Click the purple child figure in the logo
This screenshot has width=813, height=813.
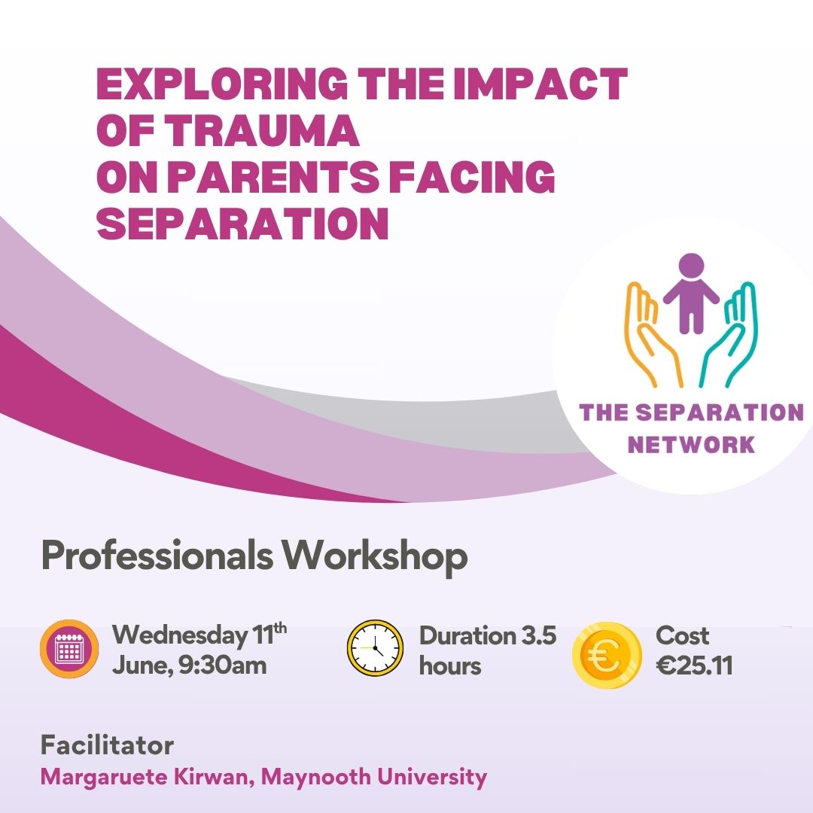(x=690, y=292)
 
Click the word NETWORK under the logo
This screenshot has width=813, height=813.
(x=691, y=444)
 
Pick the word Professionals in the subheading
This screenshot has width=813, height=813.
(x=157, y=556)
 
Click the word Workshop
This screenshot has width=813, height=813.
(x=374, y=557)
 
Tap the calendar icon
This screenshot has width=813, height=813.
(x=69, y=648)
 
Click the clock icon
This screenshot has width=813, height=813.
(x=375, y=648)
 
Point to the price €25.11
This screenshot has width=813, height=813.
(x=694, y=665)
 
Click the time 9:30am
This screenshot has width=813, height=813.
(x=222, y=665)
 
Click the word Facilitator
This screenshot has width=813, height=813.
(x=108, y=745)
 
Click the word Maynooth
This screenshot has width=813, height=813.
(x=315, y=777)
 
